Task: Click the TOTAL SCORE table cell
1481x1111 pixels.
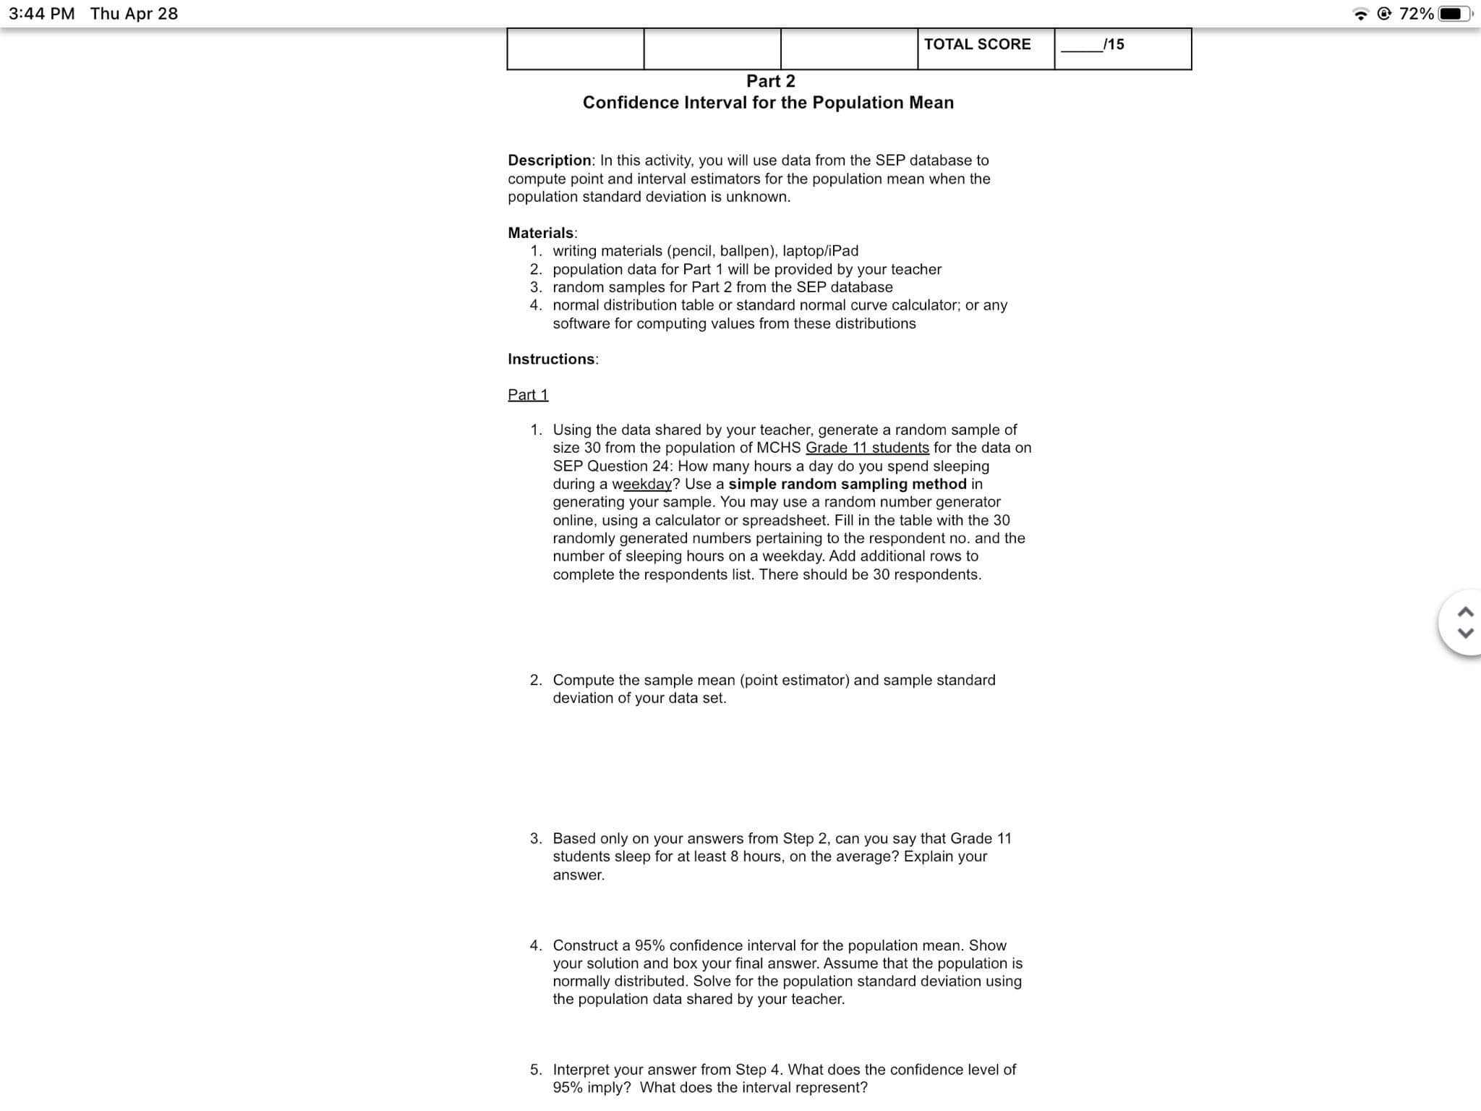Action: coord(977,45)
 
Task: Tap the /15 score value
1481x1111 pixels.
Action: coord(1114,45)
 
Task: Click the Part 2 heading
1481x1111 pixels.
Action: coord(770,81)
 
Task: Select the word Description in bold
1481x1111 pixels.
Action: coord(549,160)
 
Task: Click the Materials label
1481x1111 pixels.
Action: coord(540,233)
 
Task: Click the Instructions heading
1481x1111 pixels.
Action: coord(551,359)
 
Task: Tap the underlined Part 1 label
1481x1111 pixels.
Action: coord(528,395)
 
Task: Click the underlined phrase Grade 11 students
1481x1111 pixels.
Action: coord(867,448)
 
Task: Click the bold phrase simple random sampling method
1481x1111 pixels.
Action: coord(847,484)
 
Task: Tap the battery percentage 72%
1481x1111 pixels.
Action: coord(1416,14)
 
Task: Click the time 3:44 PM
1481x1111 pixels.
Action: coord(42,14)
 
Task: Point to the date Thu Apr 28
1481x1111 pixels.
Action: coord(134,14)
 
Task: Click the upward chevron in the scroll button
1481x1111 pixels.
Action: coord(1466,613)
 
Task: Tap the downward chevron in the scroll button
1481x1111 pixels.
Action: coord(1466,633)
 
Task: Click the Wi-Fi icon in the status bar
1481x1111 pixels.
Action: coord(1361,14)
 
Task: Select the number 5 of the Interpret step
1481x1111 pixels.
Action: coord(535,1070)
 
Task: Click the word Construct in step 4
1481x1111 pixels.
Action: coord(586,945)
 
